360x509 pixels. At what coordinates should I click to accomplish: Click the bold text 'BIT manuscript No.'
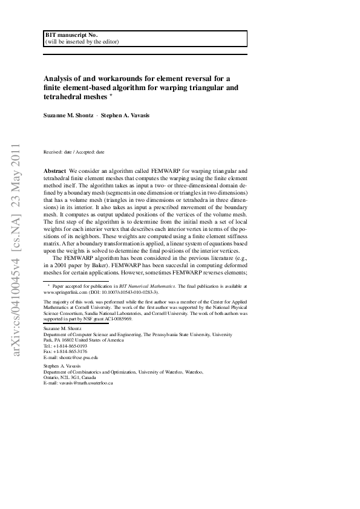(71, 35)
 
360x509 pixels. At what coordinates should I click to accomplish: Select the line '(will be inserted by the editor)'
(82, 42)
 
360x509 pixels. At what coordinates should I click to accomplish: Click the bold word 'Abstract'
(56, 172)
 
